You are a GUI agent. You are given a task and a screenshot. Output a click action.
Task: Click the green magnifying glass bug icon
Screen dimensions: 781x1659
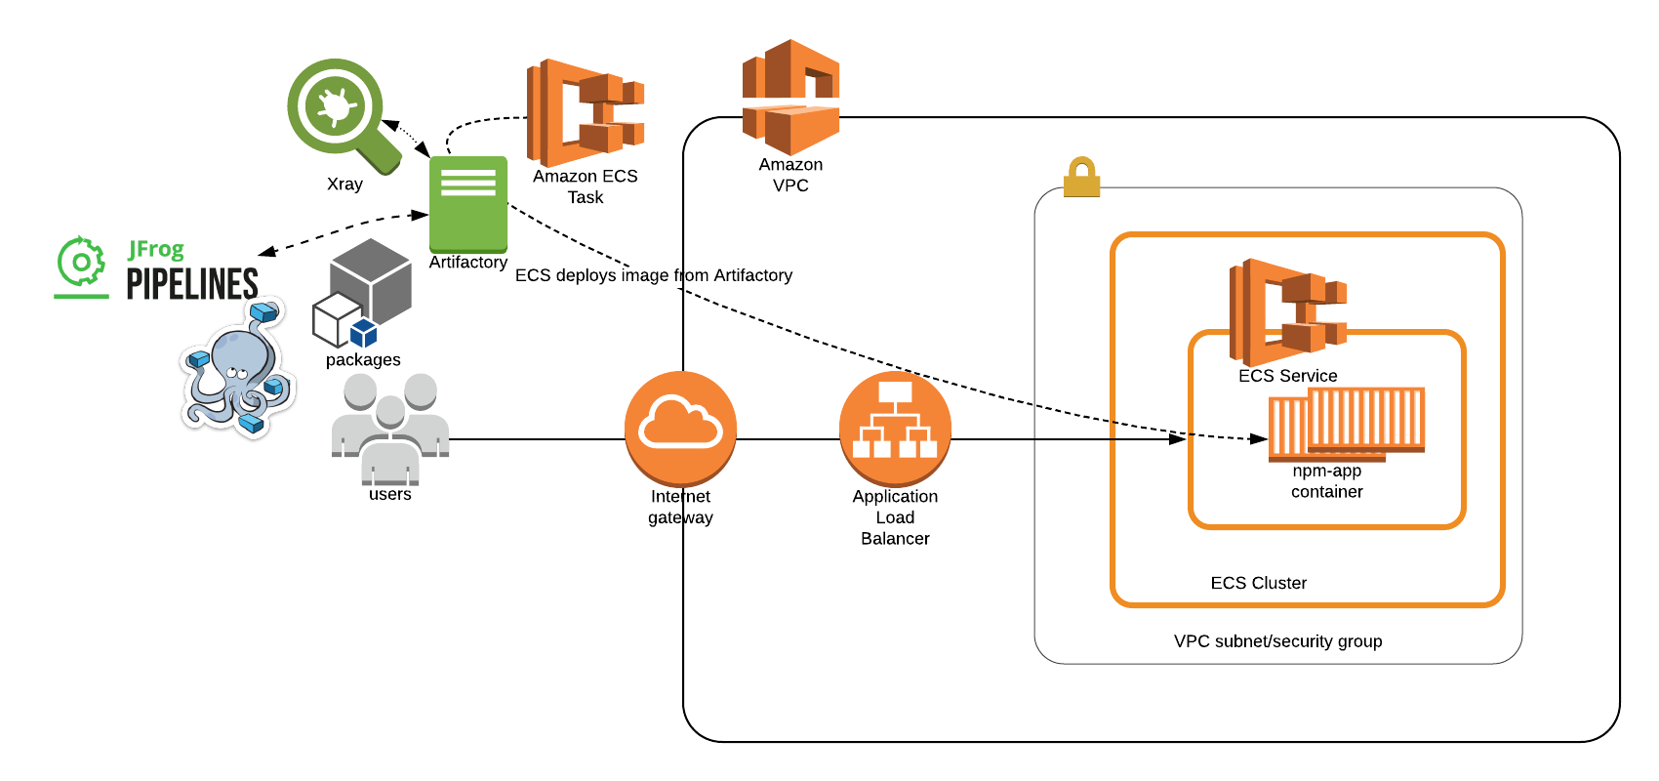[x=337, y=107]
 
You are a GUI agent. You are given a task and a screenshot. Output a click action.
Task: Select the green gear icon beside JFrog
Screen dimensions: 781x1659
[x=81, y=262]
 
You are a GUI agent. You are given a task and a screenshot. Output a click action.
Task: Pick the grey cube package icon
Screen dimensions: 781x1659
[x=366, y=291]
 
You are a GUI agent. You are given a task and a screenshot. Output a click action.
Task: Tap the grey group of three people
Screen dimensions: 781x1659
[x=390, y=430]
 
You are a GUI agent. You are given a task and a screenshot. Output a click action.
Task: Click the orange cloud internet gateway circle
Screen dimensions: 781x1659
[x=680, y=428]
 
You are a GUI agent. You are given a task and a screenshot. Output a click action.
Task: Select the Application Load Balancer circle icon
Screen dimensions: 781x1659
[x=895, y=428]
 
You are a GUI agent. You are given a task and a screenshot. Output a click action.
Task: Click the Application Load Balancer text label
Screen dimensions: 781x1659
[x=895, y=517]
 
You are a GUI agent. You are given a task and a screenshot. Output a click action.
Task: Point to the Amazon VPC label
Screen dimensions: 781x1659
[x=790, y=175]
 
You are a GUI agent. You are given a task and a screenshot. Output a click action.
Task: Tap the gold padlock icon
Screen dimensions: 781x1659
[x=1081, y=178]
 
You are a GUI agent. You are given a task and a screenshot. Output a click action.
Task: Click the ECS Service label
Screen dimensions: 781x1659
[x=1287, y=376]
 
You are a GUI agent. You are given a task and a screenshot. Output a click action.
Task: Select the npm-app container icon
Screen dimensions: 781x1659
[x=1347, y=423]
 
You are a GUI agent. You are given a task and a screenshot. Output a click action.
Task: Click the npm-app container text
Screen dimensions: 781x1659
[x=1327, y=481]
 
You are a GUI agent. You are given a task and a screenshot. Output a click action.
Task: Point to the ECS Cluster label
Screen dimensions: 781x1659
[x=1258, y=583]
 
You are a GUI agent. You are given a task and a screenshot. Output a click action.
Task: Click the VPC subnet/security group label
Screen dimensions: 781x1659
[x=1277, y=641]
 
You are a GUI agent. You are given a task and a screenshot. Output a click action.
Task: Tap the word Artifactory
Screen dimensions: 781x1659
[x=752, y=275]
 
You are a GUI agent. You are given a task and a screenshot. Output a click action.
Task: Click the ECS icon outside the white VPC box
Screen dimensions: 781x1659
[x=586, y=112]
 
